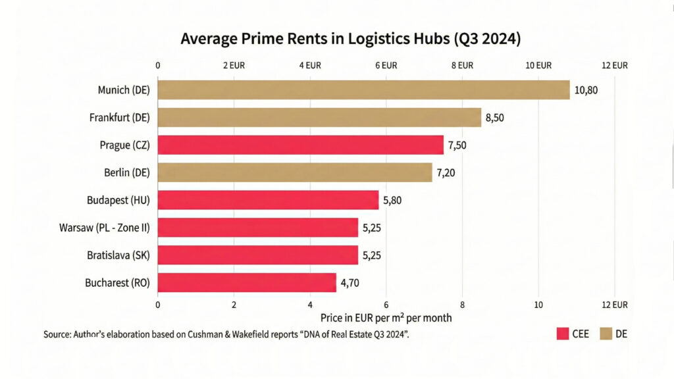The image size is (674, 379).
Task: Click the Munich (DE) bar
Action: (363, 89)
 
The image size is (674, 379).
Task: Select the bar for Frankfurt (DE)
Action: (319, 117)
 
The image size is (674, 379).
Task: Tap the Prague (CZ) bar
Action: (300, 145)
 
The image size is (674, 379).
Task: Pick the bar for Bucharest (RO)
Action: (247, 283)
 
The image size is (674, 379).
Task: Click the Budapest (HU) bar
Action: (268, 200)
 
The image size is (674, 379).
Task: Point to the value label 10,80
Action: (586, 90)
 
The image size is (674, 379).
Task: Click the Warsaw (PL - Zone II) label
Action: (105, 228)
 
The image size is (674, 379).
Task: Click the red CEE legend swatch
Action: (563, 334)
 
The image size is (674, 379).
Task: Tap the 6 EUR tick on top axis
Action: (386, 65)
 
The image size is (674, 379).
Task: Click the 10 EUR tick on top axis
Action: (538, 65)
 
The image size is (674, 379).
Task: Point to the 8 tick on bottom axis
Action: (462, 305)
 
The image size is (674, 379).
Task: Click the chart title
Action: (351, 39)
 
